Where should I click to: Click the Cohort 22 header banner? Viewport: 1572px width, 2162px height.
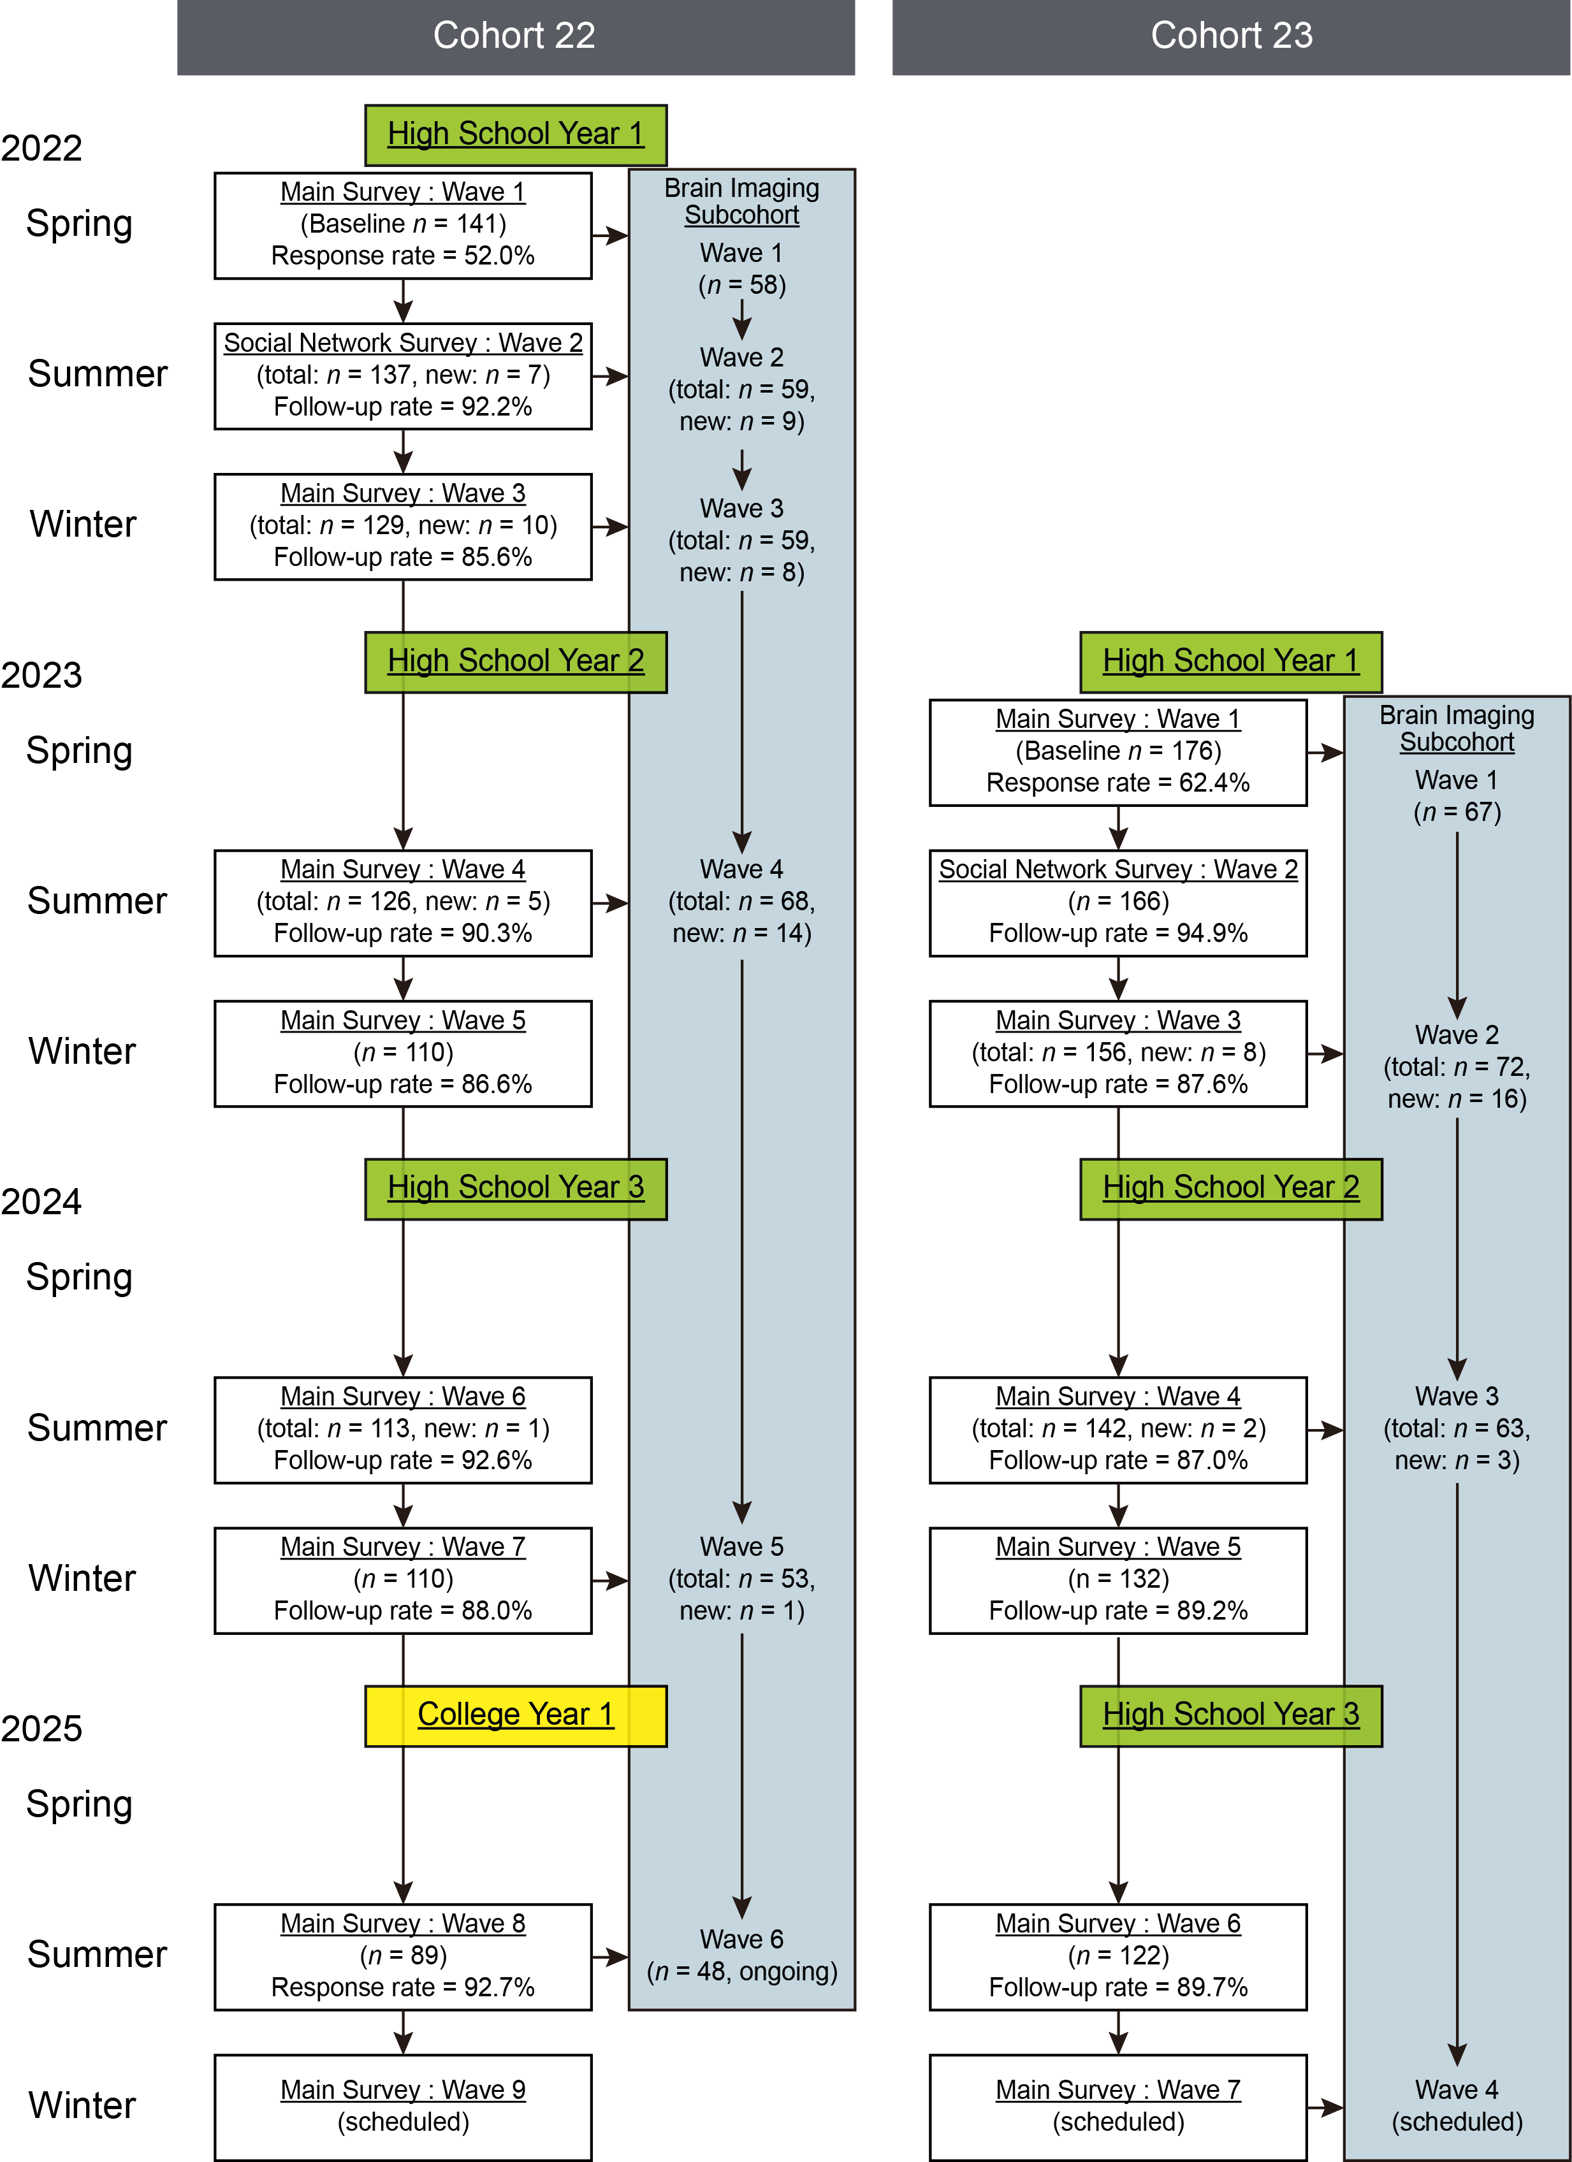515,36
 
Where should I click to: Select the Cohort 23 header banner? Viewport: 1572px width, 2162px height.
1231,36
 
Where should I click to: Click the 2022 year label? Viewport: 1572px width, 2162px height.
42,149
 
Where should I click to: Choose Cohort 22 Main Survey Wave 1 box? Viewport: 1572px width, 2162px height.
402,225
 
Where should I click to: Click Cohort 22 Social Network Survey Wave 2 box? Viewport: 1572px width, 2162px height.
402,375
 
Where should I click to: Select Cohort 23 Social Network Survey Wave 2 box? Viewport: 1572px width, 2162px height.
1117,903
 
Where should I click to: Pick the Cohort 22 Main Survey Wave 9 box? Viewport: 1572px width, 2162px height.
402,2107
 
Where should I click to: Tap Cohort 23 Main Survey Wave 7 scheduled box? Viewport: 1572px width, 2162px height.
1117,2107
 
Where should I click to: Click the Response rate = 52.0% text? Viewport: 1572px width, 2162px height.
402,256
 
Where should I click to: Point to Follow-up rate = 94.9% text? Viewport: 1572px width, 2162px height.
1117,933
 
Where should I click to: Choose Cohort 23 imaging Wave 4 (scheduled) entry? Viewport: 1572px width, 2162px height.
1457,2106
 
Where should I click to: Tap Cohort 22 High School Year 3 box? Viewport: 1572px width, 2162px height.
515,1189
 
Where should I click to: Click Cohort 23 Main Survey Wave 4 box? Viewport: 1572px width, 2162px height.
1117,1429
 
